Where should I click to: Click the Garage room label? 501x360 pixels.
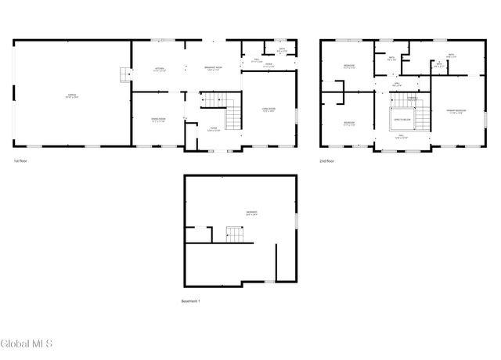pyautogui.click(x=71, y=95)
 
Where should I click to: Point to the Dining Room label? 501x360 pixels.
pyautogui.click(x=158, y=119)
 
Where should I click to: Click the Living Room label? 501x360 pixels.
pyautogui.click(x=269, y=110)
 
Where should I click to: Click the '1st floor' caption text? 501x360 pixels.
pyautogui.click(x=22, y=160)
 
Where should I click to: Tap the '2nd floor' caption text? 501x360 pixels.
pyautogui.click(x=327, y=160)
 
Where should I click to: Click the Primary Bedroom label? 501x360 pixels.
pyautogui.click(x=456, y=111)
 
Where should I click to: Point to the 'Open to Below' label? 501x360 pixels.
pyautogui.click(x=402, y=120)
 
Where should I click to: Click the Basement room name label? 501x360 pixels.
pyautogui.click(x=252, y=213)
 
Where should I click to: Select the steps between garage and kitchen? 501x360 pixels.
pyautogui.click(x=124, y=75)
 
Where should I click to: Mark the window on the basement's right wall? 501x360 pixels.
pyautogui.click(x=295, y=221)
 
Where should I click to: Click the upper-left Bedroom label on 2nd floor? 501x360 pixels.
pyautogui.click(x=350, y=67)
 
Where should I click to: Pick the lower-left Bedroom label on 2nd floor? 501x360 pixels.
pyautogui.click(x=350, y=123)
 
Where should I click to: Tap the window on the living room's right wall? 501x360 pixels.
pyautogui.click(x=297, y=113)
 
